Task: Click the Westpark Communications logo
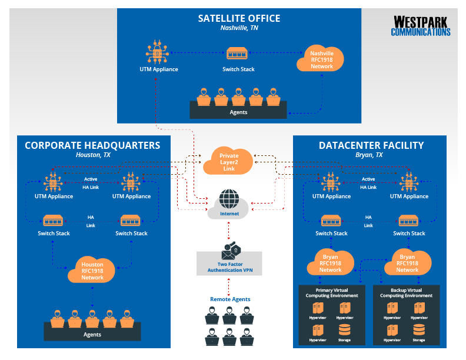(421, 26)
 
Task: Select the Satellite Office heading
(239, 18)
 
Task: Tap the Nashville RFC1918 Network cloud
(322, 59)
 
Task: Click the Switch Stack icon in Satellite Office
(239, 54)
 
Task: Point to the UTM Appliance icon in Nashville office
(158, 53)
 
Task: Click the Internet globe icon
(229, 198)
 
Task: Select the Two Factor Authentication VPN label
(229, 267)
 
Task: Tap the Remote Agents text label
(229, 299)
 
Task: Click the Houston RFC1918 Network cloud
(92, 271)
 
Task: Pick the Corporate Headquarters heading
(92, 145)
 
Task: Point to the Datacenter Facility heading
(371, 145)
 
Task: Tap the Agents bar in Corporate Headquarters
(92, 334)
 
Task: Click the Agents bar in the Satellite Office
(238, 111)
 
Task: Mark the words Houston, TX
(93, 155)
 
